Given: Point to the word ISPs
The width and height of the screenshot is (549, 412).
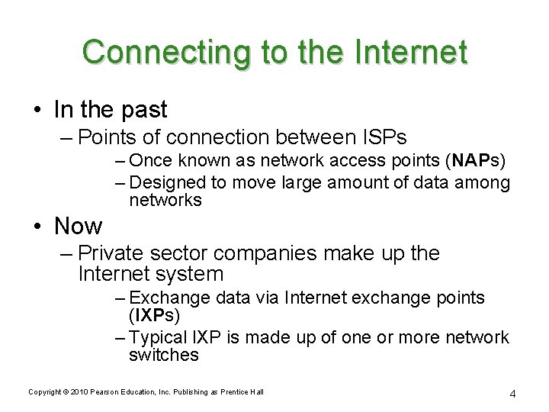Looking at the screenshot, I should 380,137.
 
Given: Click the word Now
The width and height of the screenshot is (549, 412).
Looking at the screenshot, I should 78,226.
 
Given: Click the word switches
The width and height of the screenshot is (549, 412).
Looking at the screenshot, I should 164,355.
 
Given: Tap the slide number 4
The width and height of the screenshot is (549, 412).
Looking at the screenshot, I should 513,394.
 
